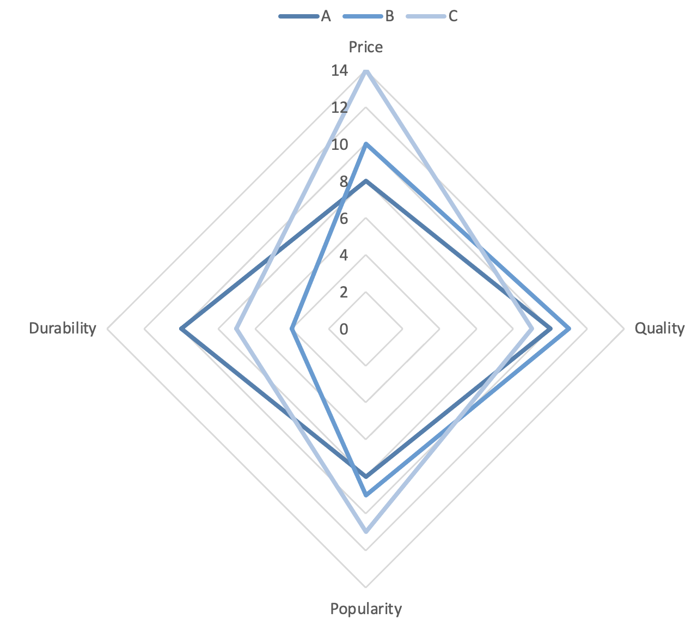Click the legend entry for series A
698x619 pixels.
click(305, 16)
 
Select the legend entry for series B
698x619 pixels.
click(369, 16)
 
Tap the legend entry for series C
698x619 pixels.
click(433, 16)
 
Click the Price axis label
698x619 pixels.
click(366, 47)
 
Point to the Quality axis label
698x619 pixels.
click(659, 328)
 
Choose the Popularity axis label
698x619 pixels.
click(366, 608)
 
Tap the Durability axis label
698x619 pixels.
click(63, 328)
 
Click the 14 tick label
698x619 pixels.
click(339, 70)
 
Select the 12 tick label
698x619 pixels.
click(339, 107)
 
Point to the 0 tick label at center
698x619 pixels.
click(344, 329)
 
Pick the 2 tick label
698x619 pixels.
click(344, 292)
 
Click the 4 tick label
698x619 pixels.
click(344, 255)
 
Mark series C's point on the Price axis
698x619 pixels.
click(366, 71)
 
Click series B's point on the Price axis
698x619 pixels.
click(366, 144)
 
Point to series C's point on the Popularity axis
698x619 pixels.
click(366, 531)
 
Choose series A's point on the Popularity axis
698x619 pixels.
click(366, 476)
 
